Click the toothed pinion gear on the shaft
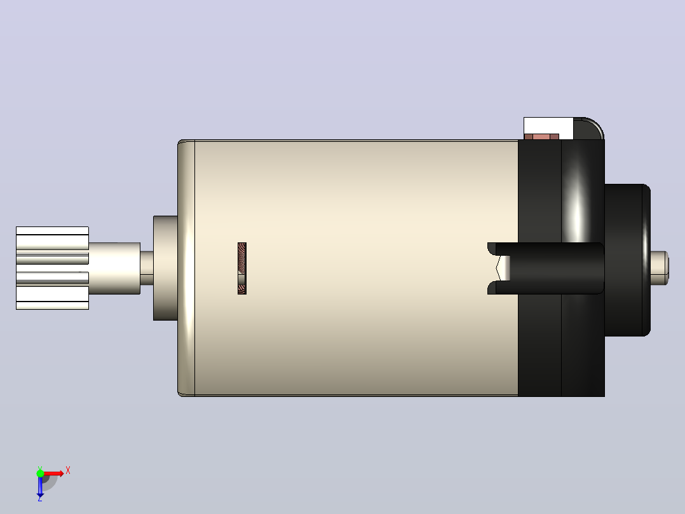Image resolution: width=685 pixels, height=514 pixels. [52, 268]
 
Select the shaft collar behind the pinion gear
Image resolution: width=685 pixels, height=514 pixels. [114, 268]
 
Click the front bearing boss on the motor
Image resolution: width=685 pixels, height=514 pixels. [165, 268]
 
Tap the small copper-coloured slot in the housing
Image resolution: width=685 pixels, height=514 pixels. [242, 268]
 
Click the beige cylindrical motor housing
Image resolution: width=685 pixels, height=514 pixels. [349, 268]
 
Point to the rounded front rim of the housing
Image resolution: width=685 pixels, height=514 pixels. [186, 268]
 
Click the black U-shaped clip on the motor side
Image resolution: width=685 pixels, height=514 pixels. [546, 268]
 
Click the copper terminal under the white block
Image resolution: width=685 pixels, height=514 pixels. [541, 137]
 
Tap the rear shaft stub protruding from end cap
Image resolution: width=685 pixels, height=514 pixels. [659, 268]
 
